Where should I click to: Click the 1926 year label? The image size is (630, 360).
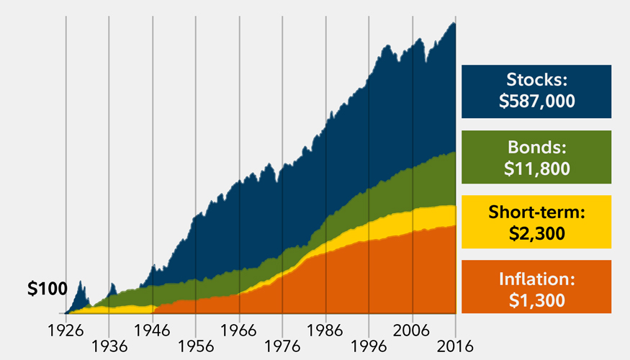click(x=66, y=330)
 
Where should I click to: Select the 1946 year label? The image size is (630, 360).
click(x=153, y=330)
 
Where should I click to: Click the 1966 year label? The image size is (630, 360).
click(x=239, y=330)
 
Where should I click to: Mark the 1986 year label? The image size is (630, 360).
click(x=325, y=330)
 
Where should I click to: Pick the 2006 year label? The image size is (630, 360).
click(x=412, y=330)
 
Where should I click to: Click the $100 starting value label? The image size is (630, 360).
click(x=47, y=289)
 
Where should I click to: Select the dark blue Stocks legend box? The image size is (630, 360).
click(x=536, y=91)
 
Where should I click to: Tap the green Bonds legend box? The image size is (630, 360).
click(x=536, y=157)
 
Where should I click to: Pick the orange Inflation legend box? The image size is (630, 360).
click(x=536, y=287)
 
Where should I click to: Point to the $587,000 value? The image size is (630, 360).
click(x=536, y=102)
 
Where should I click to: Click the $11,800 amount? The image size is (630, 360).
click(x=536, y=168)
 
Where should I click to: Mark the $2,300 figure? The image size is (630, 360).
click(x=536, y=233)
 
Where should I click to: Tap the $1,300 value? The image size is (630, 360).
click(x=536, y=298)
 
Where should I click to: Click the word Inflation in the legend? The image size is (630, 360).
click(x=536, y=277)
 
